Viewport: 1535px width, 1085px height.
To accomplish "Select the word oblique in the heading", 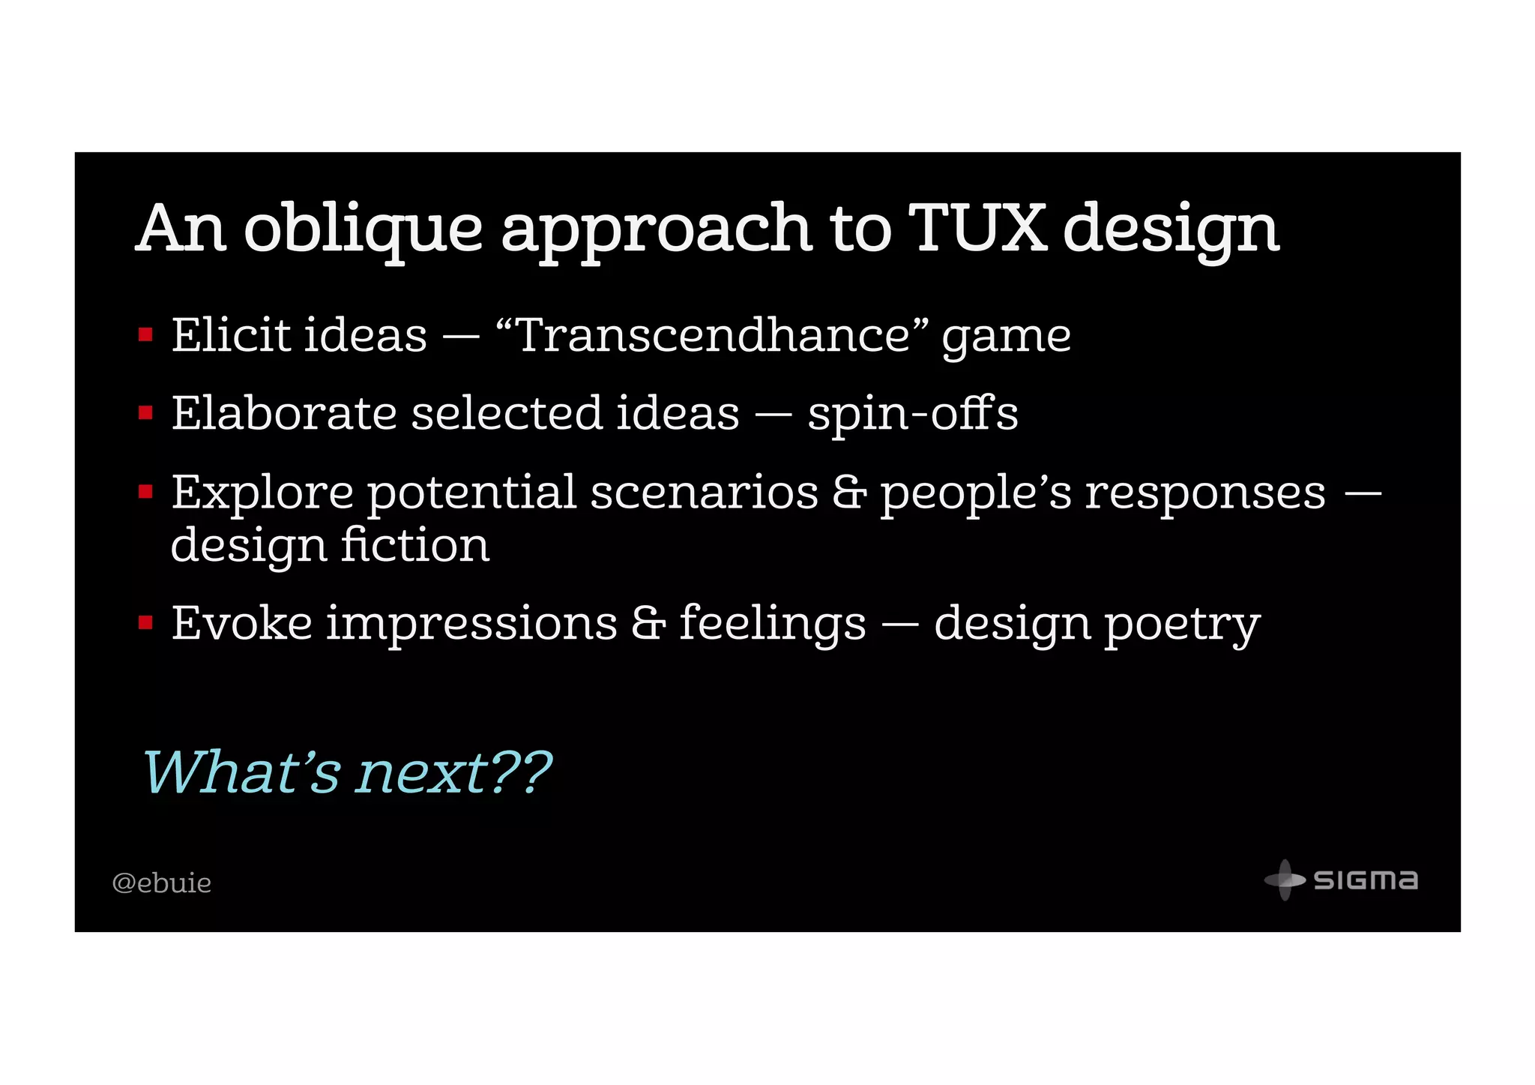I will coord(364,229).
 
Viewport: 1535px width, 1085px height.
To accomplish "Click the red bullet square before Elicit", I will coord(146,334).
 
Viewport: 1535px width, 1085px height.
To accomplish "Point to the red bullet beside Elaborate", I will coord(146,413).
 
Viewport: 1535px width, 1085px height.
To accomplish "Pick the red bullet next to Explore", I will coord(146,492).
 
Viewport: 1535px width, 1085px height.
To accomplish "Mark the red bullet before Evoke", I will coord(146,622).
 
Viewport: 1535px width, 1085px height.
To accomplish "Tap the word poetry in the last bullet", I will coord(1183,624).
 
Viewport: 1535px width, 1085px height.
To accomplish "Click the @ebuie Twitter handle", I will coord(161,883).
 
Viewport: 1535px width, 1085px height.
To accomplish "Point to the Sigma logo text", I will coord(1366,880).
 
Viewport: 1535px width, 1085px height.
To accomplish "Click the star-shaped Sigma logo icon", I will coord(1285,880).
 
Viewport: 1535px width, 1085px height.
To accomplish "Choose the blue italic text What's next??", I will coord(346,772).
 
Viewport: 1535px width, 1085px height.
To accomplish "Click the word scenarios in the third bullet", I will coord(704,493).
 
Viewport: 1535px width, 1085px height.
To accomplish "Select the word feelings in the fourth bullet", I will coord(772,624).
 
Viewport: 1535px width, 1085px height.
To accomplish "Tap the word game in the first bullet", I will coord(1006,336).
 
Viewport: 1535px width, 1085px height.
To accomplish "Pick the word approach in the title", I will coord(657,229).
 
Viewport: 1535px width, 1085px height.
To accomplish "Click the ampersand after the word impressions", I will coord(648,622).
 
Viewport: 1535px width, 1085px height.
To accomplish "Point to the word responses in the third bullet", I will coord(1205,494).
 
